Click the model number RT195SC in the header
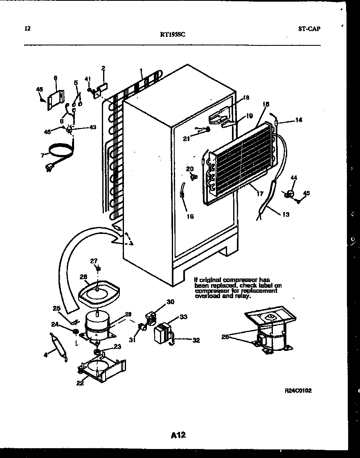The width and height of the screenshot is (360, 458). click(x=172, y=35)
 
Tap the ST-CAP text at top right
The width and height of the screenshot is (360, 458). click(x=307, y=29)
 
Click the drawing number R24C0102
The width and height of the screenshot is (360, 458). click(x=298, y=391)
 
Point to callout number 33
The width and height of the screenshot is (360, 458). click(x=183, y=317)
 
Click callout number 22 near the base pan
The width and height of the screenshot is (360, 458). click(x=80, y=383)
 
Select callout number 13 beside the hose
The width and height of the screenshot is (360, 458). click(x=285, y=214)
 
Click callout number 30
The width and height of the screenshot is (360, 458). click(x=170, y=302)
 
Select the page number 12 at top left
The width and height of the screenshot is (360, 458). click(x=27, y=29)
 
